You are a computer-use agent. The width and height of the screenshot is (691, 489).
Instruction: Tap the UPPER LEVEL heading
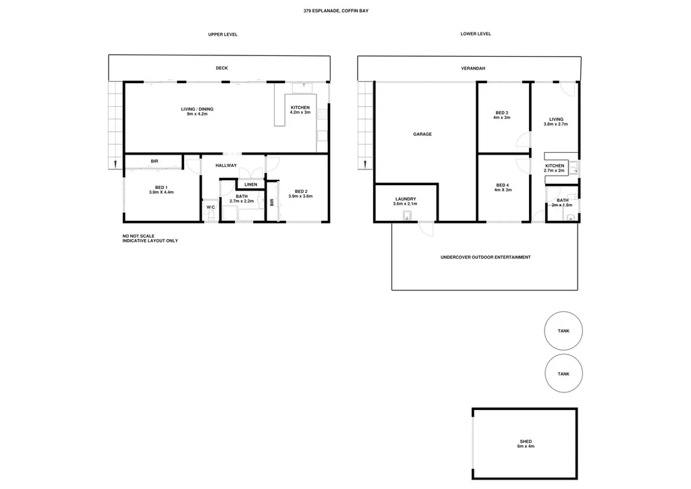(222, 34)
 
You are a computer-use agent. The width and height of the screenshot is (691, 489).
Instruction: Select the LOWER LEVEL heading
(475, 34)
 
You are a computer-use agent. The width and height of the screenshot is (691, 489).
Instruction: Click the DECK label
(221, 68)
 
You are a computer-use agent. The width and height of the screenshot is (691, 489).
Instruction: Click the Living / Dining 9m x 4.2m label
(197, 111)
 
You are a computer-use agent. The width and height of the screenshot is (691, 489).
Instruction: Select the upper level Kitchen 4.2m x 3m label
(300, 110)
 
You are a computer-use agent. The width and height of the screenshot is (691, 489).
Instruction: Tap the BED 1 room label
(161, 190)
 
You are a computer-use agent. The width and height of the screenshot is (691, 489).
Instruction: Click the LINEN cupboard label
(250, 184)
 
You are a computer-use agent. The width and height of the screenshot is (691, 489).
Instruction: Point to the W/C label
(211, 207)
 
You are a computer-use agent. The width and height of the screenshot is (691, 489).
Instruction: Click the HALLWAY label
(226, 165)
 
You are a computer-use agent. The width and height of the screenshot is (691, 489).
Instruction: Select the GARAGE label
(422, 134)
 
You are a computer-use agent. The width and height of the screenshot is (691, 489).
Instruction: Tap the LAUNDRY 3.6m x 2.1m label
(405, 201)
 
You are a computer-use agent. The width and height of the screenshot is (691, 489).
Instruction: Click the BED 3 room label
(501, 115)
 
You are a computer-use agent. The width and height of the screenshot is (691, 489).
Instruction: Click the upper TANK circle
(563, 331)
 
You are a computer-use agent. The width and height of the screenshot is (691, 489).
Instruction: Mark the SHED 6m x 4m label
(526, 444)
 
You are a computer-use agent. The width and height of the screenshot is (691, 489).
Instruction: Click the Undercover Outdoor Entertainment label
(485, 257)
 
